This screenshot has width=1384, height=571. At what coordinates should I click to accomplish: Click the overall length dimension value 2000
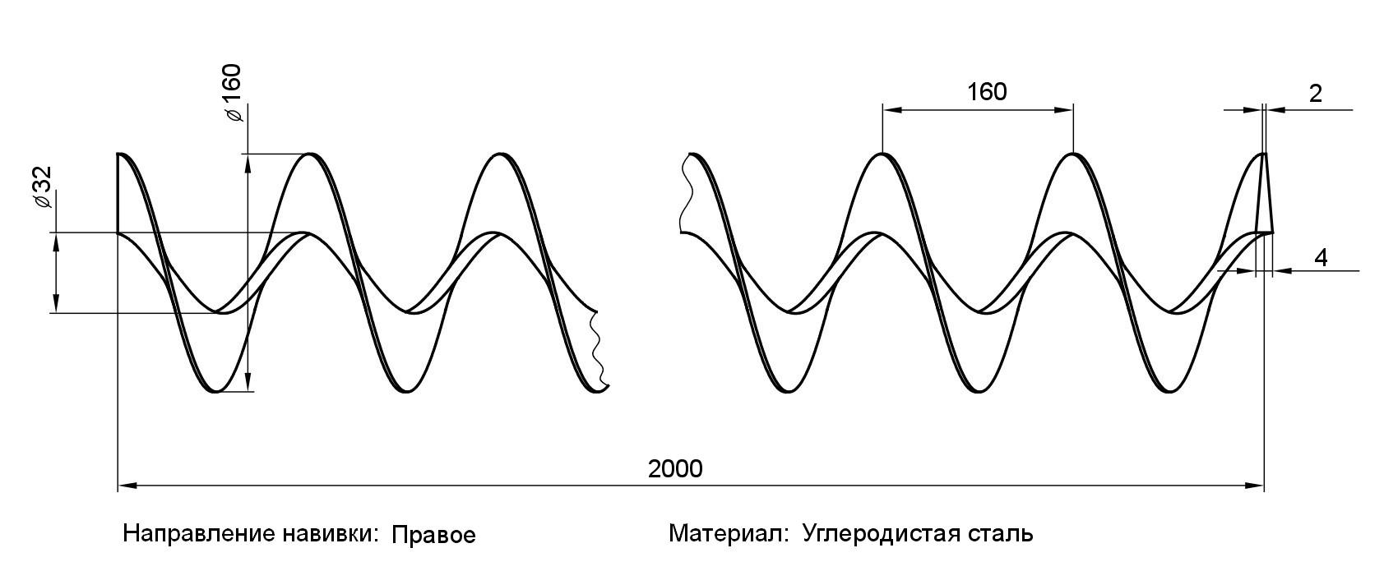point(675,469)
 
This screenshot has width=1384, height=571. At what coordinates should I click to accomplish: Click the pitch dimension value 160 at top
point(986,91)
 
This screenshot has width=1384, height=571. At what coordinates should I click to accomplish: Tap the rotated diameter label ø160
point(233,92)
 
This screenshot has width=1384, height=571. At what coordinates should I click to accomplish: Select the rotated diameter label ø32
point(42,189)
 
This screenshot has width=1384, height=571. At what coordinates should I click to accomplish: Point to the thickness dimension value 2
point(1315,94)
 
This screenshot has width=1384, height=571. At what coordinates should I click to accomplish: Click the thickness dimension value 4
point(1321,257)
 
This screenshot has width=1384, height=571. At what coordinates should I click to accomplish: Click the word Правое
point(433,536)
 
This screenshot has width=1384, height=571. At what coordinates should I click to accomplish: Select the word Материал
point(728,534)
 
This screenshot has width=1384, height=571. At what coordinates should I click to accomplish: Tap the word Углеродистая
point(882,534)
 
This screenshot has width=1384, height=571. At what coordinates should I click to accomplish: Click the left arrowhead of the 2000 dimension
point(126,486)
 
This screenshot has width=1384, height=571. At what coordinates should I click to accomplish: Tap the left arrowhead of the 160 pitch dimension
point(889,108)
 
